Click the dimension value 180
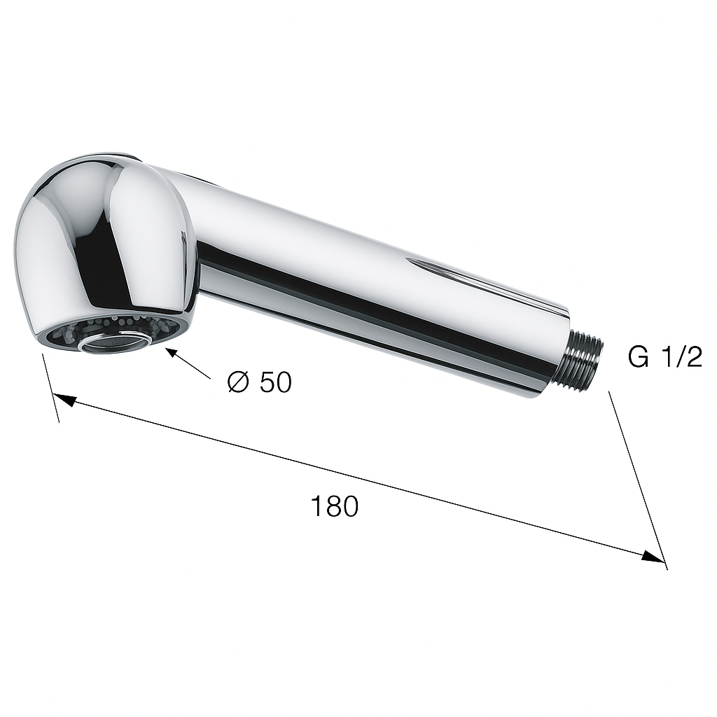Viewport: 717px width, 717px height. tap(334, 506)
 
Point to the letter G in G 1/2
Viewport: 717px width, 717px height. tap(639, 357)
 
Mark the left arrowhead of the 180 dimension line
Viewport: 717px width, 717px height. tap(64, 400)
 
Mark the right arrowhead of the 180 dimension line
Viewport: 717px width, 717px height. tap(653, 557)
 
